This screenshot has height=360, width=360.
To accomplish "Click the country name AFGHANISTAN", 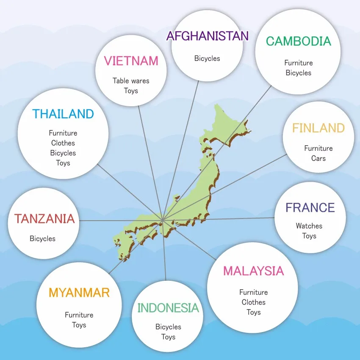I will tap(207, 36).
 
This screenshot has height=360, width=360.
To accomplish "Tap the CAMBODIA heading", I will tap(298, 41).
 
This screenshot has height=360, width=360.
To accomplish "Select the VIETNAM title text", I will tap(131, 61).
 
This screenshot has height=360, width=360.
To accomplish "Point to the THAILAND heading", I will tap(63, 114).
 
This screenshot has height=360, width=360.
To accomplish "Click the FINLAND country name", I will tap(318, 128).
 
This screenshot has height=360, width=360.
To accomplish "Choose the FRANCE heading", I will tap(310, 208).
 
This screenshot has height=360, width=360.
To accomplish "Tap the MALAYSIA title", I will tap(253, 271).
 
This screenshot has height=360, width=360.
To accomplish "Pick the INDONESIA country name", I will tap(168, 308).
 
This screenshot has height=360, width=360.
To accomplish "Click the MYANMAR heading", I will tap(79, 293).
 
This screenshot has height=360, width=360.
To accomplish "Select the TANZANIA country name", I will tap(44, 219).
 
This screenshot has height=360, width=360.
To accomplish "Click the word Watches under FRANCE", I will tap(309, 226).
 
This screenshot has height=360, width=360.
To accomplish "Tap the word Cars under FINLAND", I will tap(318, 158).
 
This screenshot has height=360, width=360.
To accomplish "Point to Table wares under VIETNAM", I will tap(131, 80).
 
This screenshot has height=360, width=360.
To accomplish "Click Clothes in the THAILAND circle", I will tap(63, 143).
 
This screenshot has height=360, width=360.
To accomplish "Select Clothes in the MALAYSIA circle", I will tap(253, 302).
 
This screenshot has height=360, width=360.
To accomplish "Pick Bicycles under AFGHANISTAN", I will tap(207, 58).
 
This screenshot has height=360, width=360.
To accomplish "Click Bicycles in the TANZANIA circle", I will tap(42, 239).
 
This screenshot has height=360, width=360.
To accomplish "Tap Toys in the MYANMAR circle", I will tap(79, 325).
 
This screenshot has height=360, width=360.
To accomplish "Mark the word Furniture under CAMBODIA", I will tap(298, 63).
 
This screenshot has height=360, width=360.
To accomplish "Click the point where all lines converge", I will tap(162, 220).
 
